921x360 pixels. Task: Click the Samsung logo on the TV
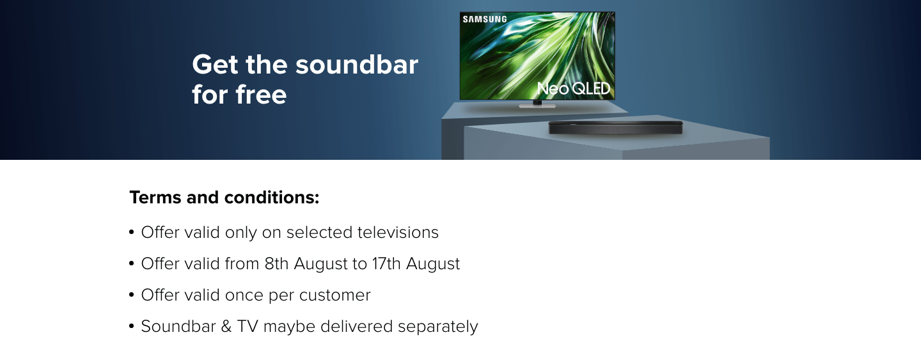[485, 19]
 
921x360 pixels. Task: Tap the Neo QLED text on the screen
[574, 88]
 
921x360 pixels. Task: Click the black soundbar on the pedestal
[615, 128]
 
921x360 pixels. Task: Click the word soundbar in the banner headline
[356, 65]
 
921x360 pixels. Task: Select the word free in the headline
[261, 95]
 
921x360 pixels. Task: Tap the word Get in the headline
[215, 65]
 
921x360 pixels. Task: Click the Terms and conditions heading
[224, 197]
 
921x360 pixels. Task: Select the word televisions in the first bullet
[398, 232]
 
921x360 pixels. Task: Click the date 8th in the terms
[276, 263]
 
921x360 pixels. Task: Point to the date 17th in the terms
[386, 263]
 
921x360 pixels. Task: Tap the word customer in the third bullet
[335, 295]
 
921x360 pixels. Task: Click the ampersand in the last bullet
[226, 326]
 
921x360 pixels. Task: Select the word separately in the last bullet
[438, 327]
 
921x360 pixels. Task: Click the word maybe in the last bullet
[289, 327]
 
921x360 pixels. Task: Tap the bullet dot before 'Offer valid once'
[132, 295]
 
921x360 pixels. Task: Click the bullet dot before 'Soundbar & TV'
[132, 326]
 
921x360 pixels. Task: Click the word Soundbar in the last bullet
[178, 326]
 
